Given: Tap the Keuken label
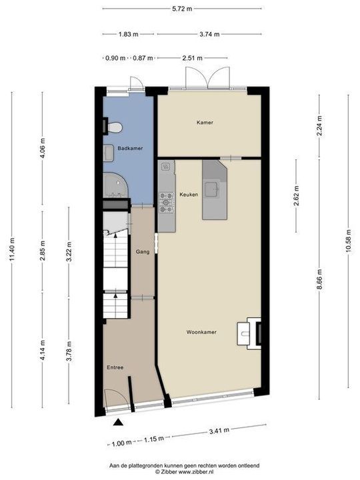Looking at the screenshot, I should click(x=187, y=194).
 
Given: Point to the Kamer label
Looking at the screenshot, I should click(x=205, y=123).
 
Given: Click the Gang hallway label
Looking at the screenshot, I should click(x=142, y=253).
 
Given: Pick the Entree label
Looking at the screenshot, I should click(x=115, y=367).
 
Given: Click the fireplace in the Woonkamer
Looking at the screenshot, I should click(x=253, y=331).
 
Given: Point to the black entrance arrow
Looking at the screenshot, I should click(x=119, y=421).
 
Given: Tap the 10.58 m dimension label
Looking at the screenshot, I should click(x=348, y=243).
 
